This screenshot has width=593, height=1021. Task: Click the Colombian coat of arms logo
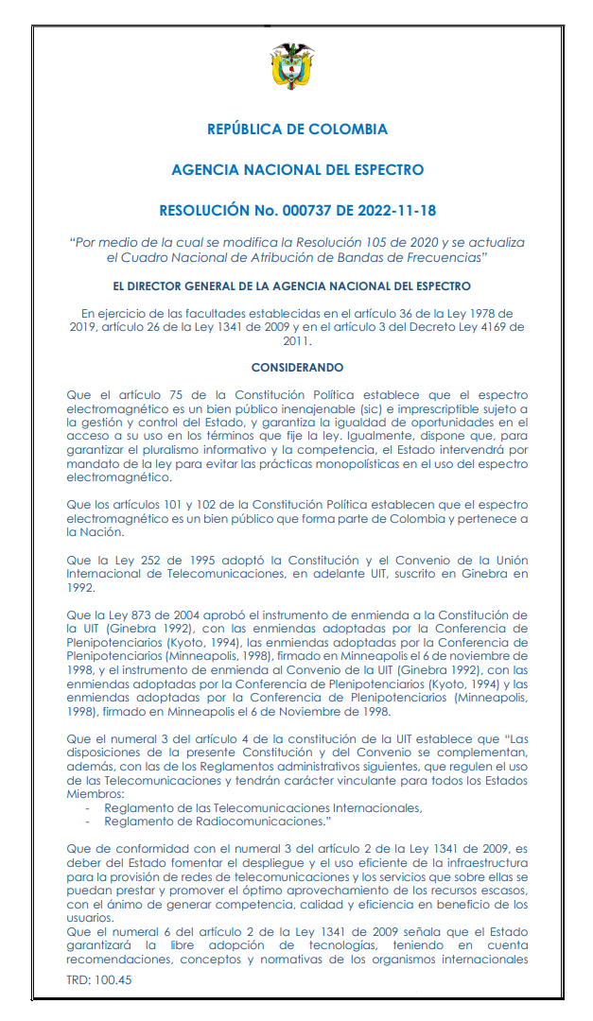tap(297, 68)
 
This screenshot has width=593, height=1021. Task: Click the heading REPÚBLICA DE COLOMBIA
tap(297, 130)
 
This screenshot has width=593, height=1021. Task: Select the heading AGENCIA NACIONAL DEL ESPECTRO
tap(297, 170)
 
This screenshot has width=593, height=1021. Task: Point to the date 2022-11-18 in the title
tap(395, 210)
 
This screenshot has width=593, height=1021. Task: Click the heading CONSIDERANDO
tap(297, 367)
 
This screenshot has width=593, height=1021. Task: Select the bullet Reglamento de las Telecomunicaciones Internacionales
tap(263, 807)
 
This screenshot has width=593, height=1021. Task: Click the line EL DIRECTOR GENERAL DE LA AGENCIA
tap(297, 286)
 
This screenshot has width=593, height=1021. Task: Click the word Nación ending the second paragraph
tap(88, 532)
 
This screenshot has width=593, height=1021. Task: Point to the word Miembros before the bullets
tap(94, 794)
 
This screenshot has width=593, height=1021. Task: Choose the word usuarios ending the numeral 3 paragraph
tap(94, 916)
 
